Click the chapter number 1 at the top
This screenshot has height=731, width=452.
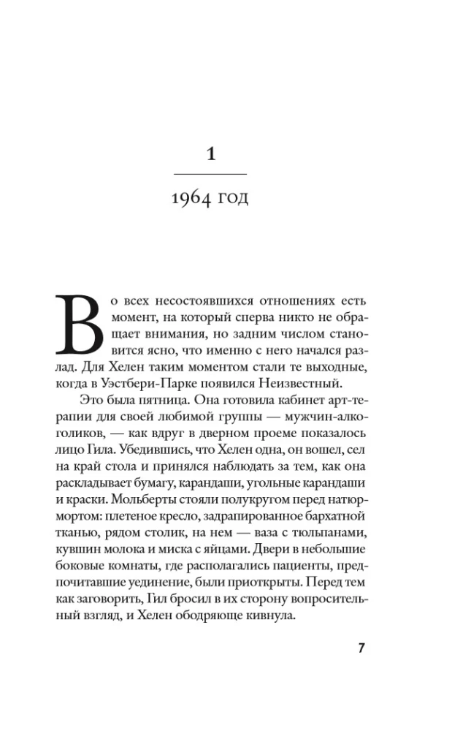(x=210, y=154)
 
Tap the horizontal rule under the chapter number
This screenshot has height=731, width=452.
(x=210, y=174)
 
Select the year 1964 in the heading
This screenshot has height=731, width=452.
(x=191, y=198)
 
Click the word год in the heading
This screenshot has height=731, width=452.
(x=233, y=199)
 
